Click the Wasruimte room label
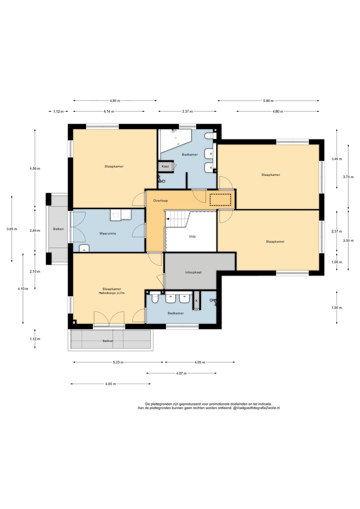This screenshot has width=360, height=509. pos(108,233)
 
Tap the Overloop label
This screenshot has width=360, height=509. pos(160,201)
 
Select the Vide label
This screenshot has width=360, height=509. pos(192,236)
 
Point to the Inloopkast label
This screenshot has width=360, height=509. pos(193,272)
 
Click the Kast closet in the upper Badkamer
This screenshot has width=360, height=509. pos(165,166)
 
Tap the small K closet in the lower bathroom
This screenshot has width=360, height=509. pos(197,301)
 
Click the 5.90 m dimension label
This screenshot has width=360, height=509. pos(268,101)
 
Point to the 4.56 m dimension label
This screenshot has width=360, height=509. pos(35,168)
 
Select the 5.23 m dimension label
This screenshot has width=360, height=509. pos(118,362)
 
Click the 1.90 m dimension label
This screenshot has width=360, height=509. pos(337,308)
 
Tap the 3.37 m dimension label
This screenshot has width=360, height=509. pos(187,111)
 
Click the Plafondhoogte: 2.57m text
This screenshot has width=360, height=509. pos(112,293)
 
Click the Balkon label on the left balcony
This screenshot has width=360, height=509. pos(58,229)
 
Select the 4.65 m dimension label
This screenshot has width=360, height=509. pos(110,384)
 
